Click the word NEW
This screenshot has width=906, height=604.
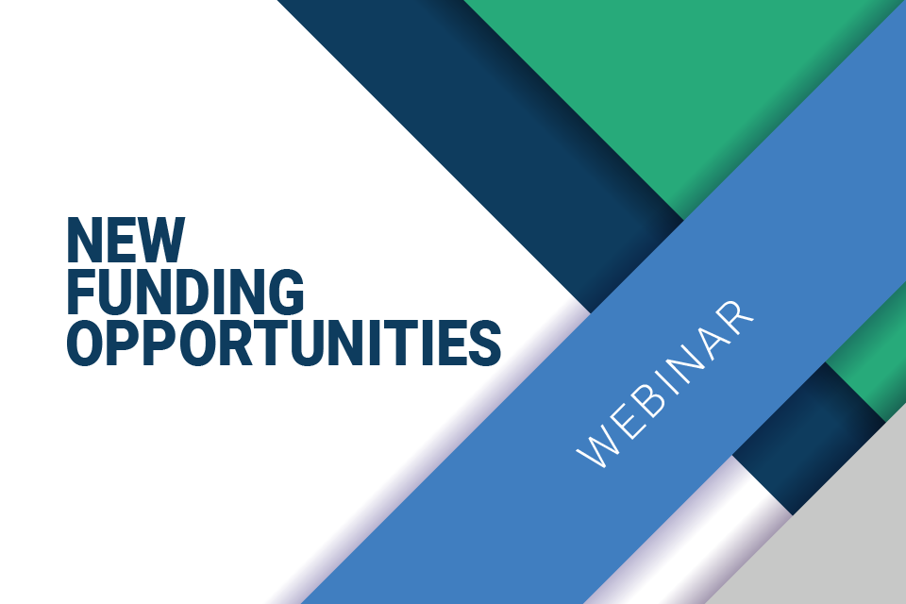pos(126,240)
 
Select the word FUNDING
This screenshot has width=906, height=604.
pos(186,292)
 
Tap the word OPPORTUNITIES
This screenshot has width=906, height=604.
pos(284,343)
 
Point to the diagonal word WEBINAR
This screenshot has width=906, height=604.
pos(665,384)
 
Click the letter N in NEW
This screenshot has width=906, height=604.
pos(85,240)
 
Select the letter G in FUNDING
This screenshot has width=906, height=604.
pos(286,292)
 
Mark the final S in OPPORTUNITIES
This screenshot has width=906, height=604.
pos(485,343)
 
